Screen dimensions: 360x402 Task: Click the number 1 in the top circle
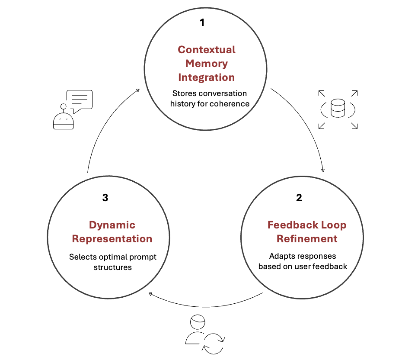point(202,22)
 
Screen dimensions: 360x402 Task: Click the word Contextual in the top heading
point(207,49)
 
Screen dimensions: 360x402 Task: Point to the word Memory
point(207,64)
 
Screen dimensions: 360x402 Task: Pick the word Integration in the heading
point(207,77)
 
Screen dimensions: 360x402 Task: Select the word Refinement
point(307,239)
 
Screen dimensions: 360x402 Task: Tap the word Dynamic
point(112,225)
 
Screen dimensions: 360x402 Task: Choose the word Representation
point(112,239)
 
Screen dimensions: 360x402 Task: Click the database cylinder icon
point(338,108)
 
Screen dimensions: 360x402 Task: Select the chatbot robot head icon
point(63,119)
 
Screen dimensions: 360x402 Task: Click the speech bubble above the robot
point(79,100)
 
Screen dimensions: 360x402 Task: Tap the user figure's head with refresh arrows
point(197,323)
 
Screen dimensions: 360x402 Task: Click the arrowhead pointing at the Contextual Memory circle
point(138,90)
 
